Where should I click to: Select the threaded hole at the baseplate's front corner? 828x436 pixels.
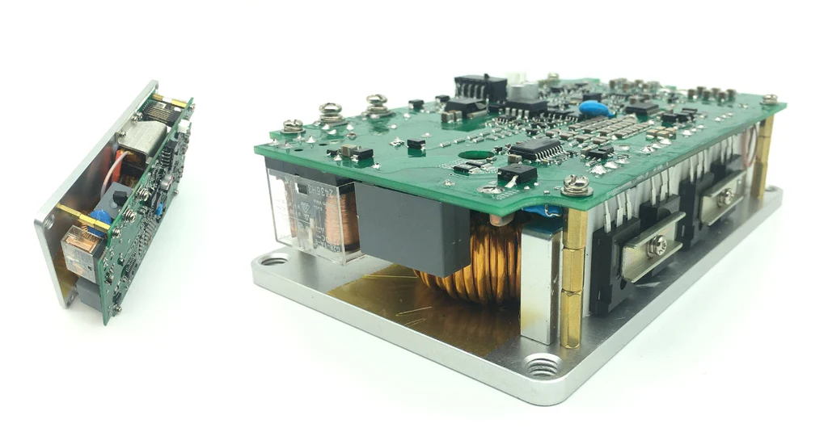540,368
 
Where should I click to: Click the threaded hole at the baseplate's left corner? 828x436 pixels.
272,261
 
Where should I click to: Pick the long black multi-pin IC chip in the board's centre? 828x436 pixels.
535,149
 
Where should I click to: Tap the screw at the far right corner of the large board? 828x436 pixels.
769,99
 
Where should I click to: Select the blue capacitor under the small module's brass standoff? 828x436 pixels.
100,218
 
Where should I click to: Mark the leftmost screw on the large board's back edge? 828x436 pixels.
294,126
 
